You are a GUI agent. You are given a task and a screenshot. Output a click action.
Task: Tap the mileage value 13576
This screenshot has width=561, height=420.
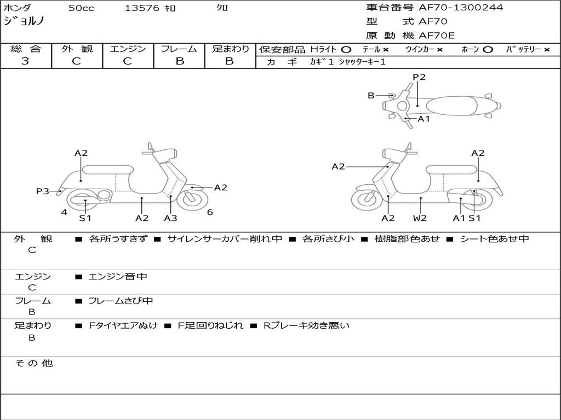pos(142,8)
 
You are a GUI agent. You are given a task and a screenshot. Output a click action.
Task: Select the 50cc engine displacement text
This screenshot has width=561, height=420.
pos(81,8)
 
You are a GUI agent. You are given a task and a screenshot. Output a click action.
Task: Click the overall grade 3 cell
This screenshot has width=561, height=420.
pos(25,61)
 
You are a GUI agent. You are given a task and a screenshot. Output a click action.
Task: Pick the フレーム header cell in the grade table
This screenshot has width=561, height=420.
pos(179,49)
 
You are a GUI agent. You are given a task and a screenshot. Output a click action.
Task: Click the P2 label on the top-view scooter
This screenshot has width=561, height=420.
pos(419,77)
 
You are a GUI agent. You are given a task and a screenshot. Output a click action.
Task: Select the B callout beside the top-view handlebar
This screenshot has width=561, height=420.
pos(371,96)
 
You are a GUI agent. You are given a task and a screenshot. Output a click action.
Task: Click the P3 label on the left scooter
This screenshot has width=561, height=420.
pos(43,191)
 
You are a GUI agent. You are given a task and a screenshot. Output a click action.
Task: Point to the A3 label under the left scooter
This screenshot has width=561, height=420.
pos(170,218)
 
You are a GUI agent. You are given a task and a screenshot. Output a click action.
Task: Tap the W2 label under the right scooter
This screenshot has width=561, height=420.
pos(420,218)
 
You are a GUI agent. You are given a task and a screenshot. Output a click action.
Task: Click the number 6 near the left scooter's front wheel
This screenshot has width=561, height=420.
pos(210,212)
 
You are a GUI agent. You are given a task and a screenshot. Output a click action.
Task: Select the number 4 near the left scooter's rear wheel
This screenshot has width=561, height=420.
pos(64,212)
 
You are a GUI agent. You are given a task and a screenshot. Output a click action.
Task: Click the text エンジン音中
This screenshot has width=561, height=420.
pos(118,277)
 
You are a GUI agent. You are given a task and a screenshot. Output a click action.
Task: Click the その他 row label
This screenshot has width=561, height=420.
pos(33,363)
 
